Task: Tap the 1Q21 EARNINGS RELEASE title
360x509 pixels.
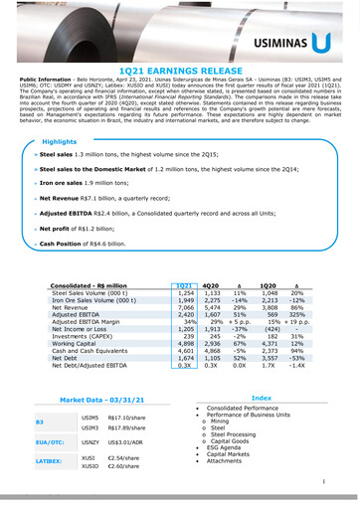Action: tap(179, 74)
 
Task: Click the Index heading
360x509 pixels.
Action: tap(262, 397)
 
